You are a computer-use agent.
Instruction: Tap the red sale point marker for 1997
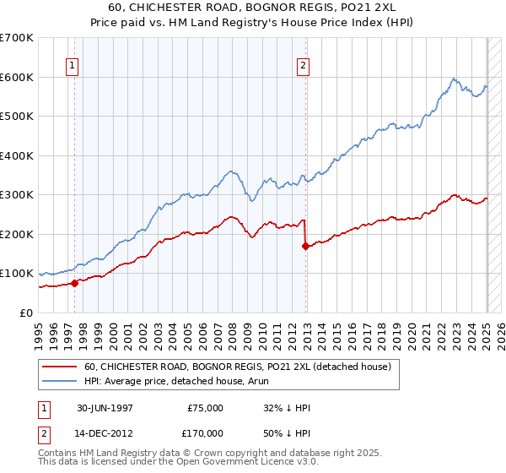(74, 283)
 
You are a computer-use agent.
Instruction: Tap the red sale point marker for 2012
(305, 246)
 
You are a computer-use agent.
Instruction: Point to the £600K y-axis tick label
(17, 77)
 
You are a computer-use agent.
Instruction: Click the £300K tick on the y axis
(17, 194)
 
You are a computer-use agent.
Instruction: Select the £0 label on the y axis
(25, 313)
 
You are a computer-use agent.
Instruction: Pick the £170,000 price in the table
(204, 432)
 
